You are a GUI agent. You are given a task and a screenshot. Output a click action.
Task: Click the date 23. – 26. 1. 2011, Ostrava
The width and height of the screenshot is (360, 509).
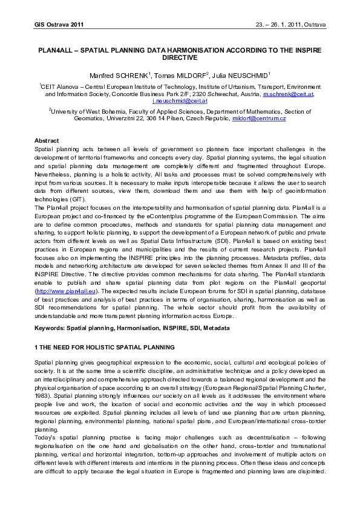(291, 25)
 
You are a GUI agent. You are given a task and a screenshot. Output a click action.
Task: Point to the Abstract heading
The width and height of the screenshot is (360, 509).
(47, 140)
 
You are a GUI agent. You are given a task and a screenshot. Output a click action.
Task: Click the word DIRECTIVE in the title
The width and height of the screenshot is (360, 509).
(180, 57)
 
